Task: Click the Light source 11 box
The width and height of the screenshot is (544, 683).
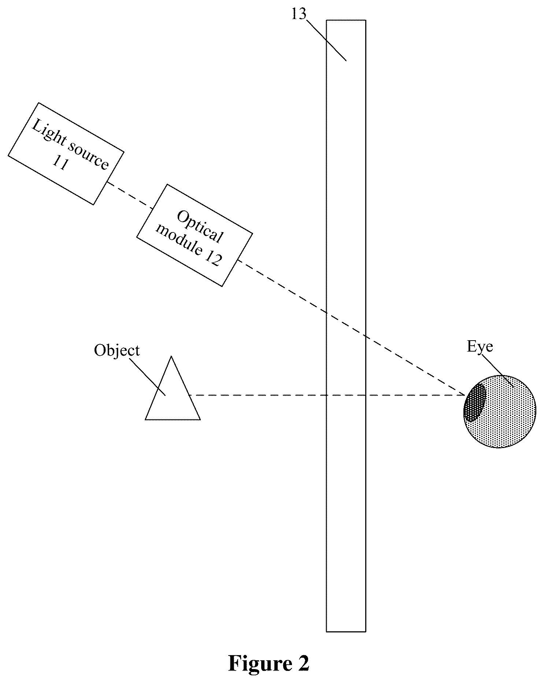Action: coord(66,154)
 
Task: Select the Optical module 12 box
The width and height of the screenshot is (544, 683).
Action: coord(195,235)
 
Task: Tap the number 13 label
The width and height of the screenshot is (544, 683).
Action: coord(299,14)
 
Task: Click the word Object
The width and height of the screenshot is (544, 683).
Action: coord(117,351)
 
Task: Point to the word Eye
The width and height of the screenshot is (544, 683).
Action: coord(480,347)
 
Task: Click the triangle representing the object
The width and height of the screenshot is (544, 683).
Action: coord(173,396)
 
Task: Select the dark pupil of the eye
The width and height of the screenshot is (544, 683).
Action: coord(475,402)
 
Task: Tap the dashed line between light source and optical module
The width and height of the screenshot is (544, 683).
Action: coord(130,195)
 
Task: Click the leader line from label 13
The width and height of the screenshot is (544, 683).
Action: coord(326,40)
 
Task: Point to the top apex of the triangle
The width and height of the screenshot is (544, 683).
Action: coord(171,356)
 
